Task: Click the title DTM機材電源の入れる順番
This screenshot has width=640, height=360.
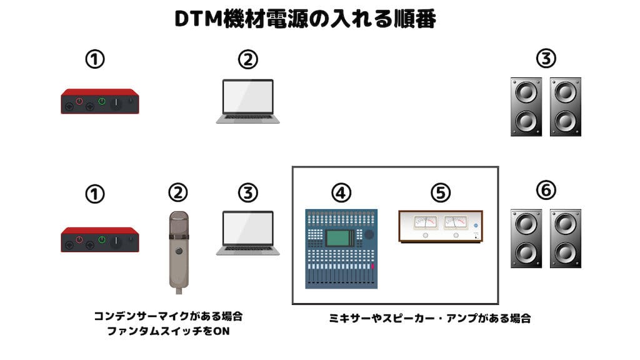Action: (x=305, y=19)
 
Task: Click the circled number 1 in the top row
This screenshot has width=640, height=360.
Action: (x=94, y=60)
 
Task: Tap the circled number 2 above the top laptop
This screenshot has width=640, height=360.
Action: (x=248, y=60)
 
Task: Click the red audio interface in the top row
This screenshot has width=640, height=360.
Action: (x=99, y=101)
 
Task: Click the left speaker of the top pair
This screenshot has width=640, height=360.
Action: (x=526, y=107)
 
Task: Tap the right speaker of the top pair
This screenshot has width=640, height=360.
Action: (x=565, y=107)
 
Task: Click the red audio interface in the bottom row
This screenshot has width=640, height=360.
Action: (x=99, y=239)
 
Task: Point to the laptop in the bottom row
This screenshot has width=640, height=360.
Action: (x=248, y=233)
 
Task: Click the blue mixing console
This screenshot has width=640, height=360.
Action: (x=341, y=249)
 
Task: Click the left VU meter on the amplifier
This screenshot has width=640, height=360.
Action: (x=426, y=222)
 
